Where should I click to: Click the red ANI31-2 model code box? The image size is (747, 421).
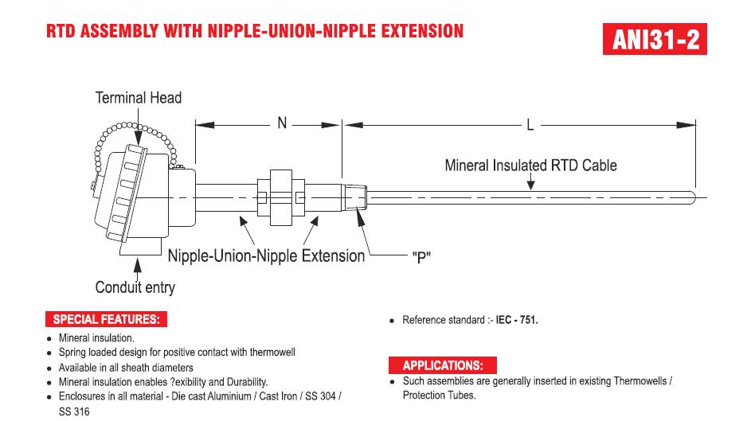pos(655,38)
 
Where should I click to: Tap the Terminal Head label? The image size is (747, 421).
pos(138,98)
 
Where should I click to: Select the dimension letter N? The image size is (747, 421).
pos(282,123)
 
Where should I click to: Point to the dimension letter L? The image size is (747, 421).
pos(530,125)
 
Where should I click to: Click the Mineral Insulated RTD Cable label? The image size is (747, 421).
pos(530,166)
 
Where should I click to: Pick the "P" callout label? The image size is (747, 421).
pos(421,257)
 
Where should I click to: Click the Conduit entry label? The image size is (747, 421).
pos(135,287)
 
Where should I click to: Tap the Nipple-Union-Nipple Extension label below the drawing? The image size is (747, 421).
pos(266,255)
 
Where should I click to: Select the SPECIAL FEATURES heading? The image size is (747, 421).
pos(106,319)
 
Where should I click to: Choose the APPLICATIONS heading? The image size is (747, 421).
pos(443,365)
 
